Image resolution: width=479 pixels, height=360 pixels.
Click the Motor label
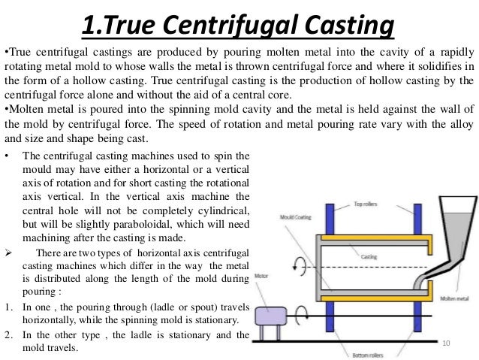(x=261, y=275)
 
